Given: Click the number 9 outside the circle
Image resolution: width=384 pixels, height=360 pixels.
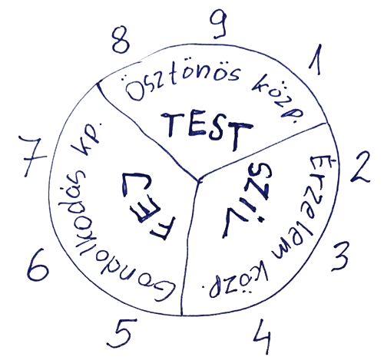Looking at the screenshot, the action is click(218, 25).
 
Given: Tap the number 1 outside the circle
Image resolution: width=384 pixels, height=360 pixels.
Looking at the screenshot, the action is click(316, 59).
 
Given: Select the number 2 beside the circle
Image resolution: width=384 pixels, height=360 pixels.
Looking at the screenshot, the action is click(361, 167).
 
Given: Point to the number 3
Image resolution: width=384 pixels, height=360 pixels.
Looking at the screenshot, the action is click(340, 256).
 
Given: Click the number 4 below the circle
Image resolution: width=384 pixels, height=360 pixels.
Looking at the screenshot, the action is click(262, 336).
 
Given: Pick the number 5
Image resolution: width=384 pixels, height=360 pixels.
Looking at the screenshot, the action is click(122, 332).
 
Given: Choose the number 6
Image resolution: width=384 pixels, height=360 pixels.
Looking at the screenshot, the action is click(38, 265).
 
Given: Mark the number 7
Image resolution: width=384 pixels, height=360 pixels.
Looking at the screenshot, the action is click(33, 156).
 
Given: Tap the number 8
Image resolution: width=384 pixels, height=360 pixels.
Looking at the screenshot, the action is click(121, 40).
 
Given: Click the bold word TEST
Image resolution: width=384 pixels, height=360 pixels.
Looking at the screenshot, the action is click(207, 129).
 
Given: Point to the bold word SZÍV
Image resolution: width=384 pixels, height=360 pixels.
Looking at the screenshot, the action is click(247, 201).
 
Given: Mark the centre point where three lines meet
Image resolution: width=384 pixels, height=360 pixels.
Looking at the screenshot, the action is click(199, 180).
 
